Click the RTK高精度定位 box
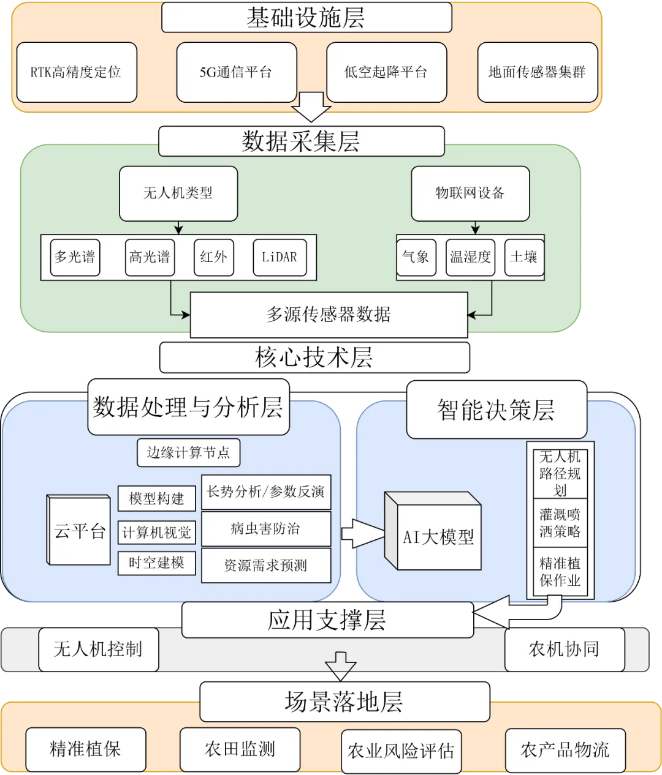point(76,72)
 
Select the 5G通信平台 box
point(235,72)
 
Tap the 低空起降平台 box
point(386,72)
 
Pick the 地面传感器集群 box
point(537,72)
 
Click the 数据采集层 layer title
point(301,141)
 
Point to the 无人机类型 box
point(178,193)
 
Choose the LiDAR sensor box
point(279,257)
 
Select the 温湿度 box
point(470,257)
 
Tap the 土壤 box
point(523,257)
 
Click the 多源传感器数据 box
point(329,315)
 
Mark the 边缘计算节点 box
point(188,453)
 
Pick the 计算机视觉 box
point(156,533)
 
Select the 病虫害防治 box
point(265,529)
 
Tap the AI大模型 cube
point(437,537)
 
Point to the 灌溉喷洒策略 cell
point(560,523)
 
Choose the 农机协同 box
point(563,649)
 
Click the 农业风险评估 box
point(401,751)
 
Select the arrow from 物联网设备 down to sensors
point(475,228)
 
